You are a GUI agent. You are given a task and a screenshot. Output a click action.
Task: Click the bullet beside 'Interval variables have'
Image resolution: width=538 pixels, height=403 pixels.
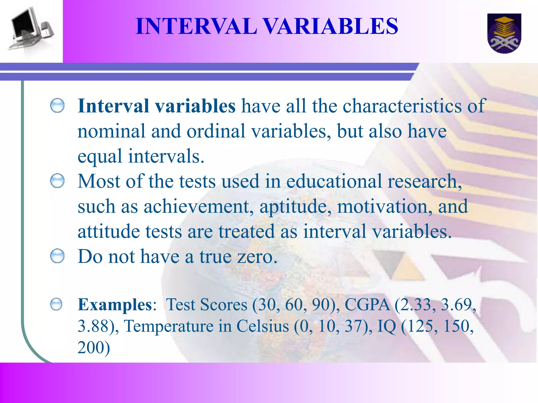coord(57,105)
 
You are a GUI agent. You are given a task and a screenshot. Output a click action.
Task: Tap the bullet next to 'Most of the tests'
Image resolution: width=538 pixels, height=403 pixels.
coord(57,181)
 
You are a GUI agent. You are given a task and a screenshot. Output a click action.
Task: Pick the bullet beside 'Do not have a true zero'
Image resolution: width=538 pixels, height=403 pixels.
coord(57,256)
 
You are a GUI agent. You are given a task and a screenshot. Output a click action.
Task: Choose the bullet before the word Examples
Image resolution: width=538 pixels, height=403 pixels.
coord(56,304)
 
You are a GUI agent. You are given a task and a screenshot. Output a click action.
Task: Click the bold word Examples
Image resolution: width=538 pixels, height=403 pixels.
coord(115,305)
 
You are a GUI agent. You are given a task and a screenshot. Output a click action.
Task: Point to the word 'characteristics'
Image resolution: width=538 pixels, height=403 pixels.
coord(402,106)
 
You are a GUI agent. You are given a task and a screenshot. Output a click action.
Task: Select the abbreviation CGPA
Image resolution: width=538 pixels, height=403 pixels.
coord(367,305)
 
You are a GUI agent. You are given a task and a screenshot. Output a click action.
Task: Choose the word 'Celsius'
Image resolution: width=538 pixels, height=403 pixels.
coord(262,326)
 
